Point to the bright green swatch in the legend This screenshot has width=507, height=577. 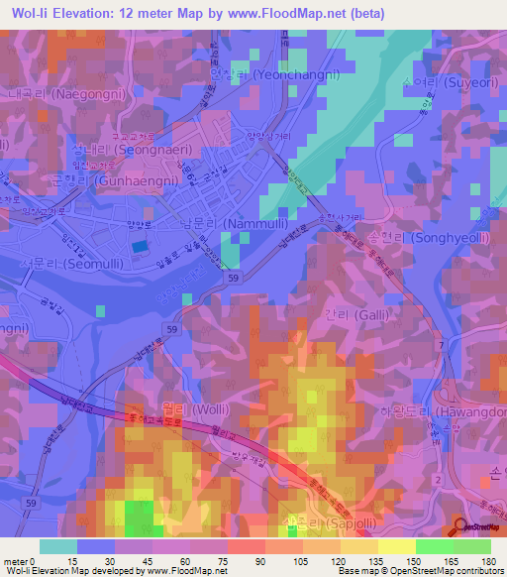point(434,545)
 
